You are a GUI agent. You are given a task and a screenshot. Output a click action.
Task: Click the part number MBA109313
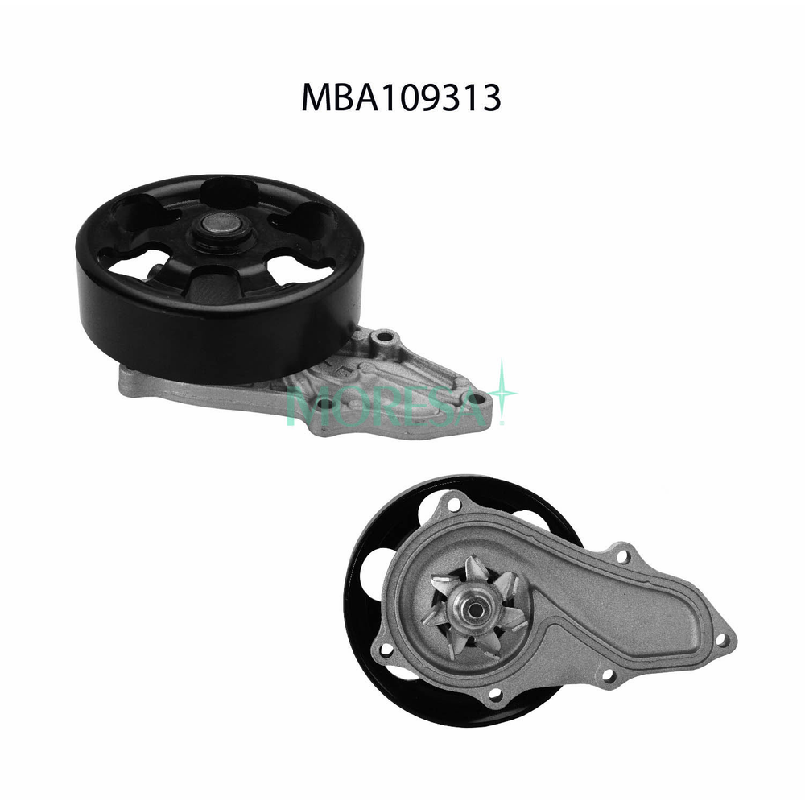pyautogui.click(x=401, y=97)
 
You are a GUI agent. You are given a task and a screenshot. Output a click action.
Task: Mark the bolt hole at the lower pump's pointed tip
pyautogui.click(x=721, y=641)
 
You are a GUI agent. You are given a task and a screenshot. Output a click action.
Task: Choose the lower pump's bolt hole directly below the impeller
pyautogui.click(x=493, y=693)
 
